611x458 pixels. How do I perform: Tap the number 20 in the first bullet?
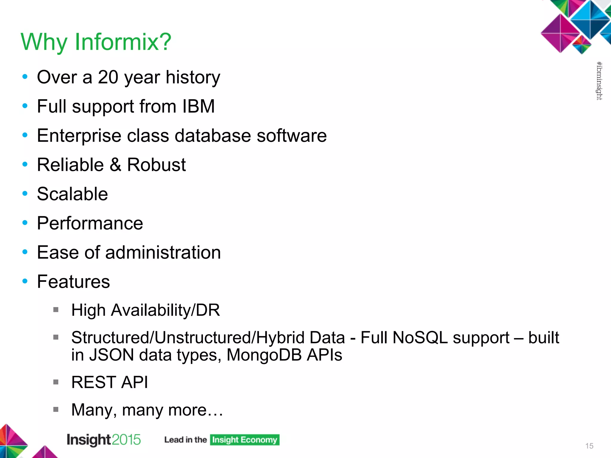108,77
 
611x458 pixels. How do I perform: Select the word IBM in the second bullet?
198,106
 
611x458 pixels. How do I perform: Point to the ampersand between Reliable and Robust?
115,165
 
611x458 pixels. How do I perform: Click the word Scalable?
72,194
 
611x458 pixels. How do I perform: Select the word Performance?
90,223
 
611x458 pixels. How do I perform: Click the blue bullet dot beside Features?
25,281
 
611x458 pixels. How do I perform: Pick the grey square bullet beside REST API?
56,382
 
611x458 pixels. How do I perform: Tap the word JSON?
111,355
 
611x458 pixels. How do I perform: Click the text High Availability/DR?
146,310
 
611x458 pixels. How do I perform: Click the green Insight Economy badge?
245,440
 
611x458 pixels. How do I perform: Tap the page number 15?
589,446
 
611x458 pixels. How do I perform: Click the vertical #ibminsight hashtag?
599,81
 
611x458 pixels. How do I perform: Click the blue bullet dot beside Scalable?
25,194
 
